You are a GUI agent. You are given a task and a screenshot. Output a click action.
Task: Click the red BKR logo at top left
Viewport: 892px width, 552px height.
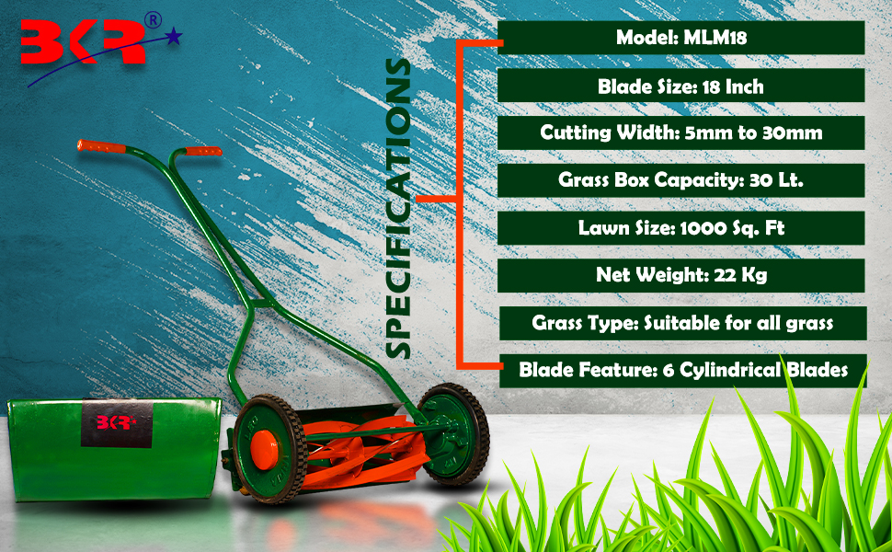point(83,41)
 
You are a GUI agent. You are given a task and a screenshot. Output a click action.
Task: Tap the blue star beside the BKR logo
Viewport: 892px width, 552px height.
point(174,38)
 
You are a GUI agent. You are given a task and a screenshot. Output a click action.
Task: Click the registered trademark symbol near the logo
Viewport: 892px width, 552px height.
point(153,20)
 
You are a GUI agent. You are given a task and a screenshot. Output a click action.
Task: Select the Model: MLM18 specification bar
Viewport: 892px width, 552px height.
point(680,38)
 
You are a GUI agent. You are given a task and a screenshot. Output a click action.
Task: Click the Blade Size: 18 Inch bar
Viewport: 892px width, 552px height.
point(680,86)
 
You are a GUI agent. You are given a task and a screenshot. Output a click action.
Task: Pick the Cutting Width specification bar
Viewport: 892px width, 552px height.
point(680,133)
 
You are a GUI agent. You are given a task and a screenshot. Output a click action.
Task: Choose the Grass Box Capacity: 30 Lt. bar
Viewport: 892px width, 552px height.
point(680,180)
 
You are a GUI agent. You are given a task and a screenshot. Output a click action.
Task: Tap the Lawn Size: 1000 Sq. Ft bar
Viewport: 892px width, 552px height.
point(680,228)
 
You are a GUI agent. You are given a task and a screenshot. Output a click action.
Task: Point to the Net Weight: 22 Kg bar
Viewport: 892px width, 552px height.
point(680,275)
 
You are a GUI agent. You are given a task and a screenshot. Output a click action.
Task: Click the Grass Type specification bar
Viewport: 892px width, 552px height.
point(682,323)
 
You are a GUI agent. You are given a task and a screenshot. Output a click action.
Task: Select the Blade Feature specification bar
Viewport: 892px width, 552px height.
point(682,371)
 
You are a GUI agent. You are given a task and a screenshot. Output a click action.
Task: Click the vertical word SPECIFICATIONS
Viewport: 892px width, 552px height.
point(397,208)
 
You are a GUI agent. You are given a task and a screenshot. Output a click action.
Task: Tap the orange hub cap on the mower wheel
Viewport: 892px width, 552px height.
point(265,450)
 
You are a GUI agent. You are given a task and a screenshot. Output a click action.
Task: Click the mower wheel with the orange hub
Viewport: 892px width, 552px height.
point(270,450)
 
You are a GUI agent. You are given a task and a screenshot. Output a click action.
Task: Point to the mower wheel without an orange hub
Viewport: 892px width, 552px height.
point(453,433)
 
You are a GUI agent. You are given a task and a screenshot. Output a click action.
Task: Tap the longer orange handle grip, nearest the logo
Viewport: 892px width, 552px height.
point(101,146)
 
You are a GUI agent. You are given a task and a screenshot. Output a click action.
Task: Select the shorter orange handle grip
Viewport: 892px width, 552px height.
point(203,152)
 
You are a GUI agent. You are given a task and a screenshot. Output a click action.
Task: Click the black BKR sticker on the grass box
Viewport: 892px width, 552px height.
point(117,423)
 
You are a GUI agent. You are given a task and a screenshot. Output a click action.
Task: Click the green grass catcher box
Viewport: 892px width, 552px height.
point(114,450)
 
